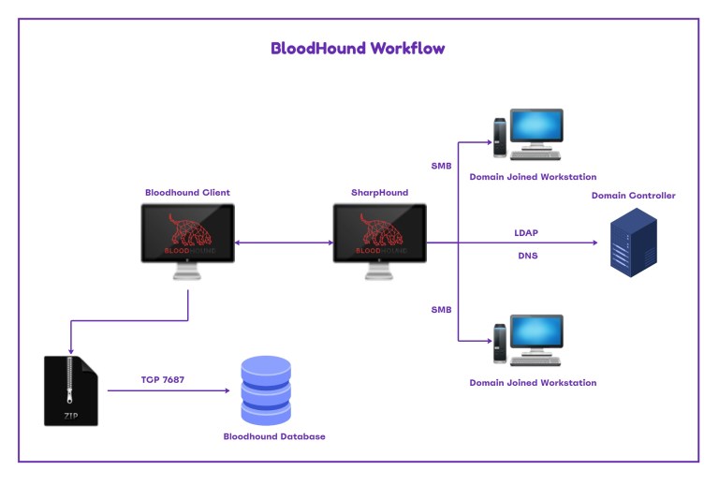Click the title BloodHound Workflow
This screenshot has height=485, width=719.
coord(358,49)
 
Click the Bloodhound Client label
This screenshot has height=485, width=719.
coord(187,193)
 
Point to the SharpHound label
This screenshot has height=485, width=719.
coord(380,193)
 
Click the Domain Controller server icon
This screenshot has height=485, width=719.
coord(633,242)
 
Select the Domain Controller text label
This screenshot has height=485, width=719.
coord(633,196)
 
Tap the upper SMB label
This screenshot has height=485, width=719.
coord(441,167)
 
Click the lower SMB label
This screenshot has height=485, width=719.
coord(441,309)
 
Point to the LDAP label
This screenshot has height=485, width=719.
coord(526,231)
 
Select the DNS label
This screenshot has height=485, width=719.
coord(526,255)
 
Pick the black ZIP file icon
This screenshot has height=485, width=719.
coord(70,390)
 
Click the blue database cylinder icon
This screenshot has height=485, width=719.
coord(266,389)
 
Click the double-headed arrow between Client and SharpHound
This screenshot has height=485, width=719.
coord(284,243)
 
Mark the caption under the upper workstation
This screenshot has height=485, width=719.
coord(532,177)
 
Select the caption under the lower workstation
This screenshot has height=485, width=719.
coord(532,383)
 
